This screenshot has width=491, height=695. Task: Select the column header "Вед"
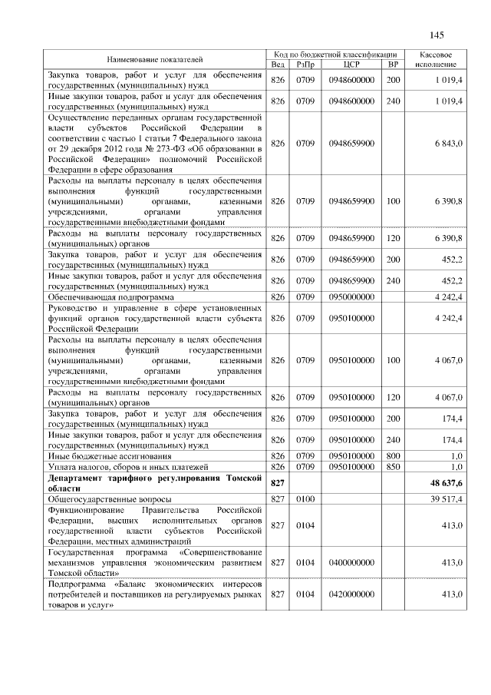278,65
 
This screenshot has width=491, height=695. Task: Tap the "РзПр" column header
306,65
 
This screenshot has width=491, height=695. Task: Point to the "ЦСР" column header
351,65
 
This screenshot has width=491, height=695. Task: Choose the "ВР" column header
394,65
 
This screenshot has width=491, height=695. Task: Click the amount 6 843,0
447,144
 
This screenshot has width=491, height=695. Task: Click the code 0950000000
351,296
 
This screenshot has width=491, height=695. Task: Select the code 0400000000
351,563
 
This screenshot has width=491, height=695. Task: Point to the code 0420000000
351,594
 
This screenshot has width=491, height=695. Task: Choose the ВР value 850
394,466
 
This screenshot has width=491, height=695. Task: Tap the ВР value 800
394,456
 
